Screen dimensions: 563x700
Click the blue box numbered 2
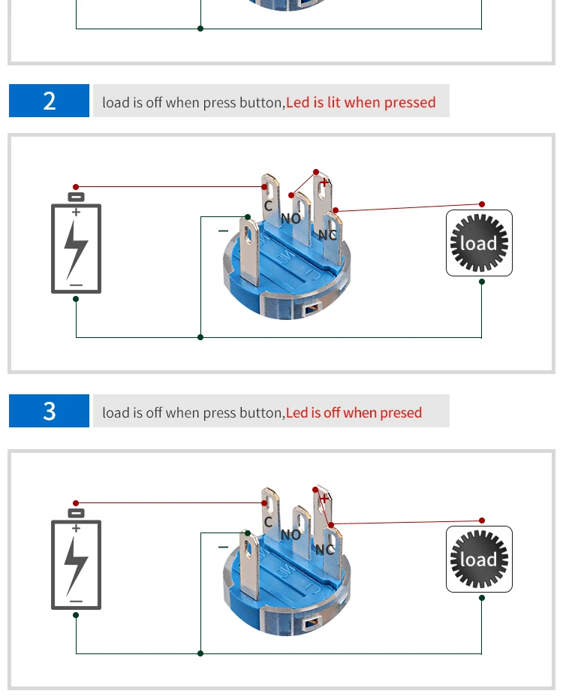click(49, 101)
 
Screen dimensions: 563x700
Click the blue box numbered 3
click(49, 411)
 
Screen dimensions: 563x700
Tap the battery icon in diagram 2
click(77, 243)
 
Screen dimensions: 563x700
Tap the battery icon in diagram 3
click(77, 559)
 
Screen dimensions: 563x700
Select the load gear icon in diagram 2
click(479, 243)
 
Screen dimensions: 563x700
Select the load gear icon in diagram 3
click(479, 559)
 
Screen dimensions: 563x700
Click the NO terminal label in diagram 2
click(291, 219)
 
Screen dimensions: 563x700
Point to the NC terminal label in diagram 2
click(327, 235)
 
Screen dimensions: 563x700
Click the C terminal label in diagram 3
click(268, 522)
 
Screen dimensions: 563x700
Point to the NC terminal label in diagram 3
click(325, 550)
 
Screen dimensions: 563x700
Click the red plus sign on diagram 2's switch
click(324, 183)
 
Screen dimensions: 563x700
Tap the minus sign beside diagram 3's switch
click(223, 547)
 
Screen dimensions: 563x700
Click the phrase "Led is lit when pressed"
click(360, 102)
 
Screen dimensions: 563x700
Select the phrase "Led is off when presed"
click(354, 412)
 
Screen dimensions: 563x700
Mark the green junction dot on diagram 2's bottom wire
click(200, 337)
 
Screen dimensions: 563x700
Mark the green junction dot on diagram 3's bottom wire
click(200, 653)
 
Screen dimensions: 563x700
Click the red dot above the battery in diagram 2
click(76, 187)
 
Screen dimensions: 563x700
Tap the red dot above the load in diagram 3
click(482, 520)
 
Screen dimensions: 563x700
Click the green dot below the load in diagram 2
click(482, 282)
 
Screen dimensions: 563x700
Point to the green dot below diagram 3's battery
click(76, 615)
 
